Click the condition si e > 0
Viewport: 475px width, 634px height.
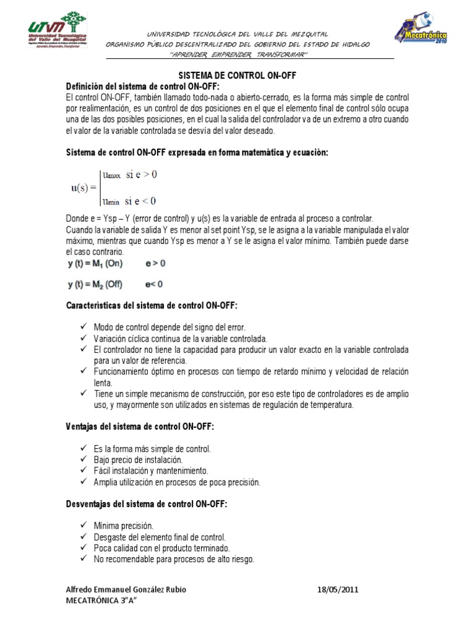point(142,175)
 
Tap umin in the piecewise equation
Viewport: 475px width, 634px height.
point(111,201)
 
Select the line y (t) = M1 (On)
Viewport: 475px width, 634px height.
point(95,264)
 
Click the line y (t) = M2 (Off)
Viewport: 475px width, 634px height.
point(95,285)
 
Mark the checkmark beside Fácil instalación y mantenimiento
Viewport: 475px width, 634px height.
point(83,471)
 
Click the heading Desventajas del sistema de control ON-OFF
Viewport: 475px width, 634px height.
point(147,505)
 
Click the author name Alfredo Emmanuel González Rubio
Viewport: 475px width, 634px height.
point(126,589)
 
